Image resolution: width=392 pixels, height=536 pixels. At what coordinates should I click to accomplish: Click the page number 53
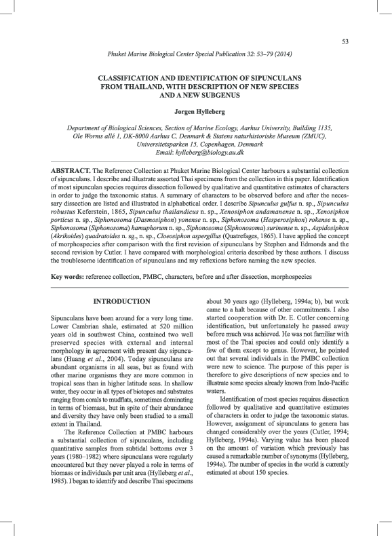pos(345,42)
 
